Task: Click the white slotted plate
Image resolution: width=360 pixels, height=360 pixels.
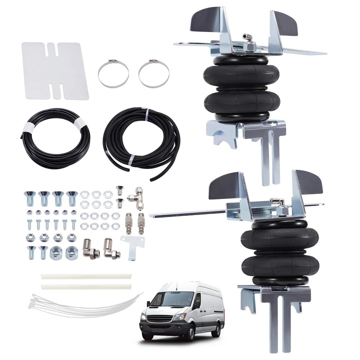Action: pos(55,70)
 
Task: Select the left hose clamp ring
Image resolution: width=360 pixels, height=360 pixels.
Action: pos(113,73)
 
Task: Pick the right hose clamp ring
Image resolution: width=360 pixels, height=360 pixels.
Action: pos(154,73)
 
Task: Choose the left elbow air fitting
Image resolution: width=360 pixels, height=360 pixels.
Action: pos(91,248)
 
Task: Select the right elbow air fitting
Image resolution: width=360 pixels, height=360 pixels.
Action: pos(111,248)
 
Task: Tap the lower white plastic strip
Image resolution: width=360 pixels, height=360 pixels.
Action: pos(86,286)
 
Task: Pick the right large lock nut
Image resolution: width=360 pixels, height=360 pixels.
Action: pos(71,250)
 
